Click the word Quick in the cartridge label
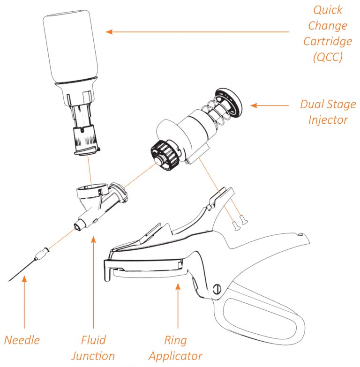pos(328,10)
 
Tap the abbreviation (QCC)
pos(328,57)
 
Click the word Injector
pos(328,120)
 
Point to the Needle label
pos(22,340)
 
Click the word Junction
pos(93,356)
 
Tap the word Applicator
pos(176,356)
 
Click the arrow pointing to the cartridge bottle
pos(197,32)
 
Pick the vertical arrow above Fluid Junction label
pos(93,281)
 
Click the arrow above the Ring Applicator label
pos(178,305)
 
